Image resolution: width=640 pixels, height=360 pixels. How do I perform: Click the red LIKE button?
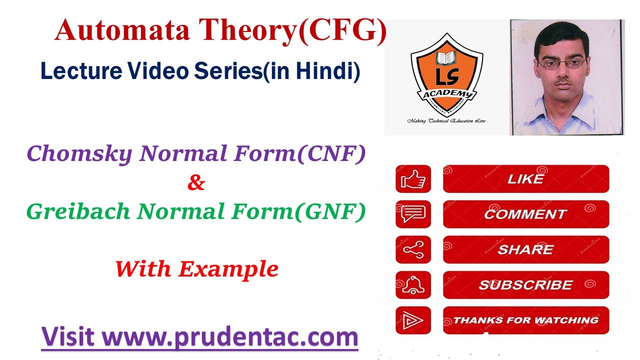525,179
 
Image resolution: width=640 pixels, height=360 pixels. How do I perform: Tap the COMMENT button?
525,214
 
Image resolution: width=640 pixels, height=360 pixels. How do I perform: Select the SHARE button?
525,249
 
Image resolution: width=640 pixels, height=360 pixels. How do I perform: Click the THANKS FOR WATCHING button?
525,320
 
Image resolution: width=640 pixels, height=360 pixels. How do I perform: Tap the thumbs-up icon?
413,179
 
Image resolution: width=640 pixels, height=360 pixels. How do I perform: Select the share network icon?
413,249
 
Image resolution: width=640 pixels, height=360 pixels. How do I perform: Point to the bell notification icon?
413,285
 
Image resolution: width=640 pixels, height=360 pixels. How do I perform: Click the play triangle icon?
413,320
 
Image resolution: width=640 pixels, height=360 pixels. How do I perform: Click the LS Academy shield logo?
446,73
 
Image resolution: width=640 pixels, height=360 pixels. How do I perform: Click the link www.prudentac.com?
230,337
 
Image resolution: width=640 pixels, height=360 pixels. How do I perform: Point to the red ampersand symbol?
196,183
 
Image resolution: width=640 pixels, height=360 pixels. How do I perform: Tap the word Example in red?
228,269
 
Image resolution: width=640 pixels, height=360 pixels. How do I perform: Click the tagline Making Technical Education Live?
446,121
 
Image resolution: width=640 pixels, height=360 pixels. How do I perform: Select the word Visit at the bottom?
67,337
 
